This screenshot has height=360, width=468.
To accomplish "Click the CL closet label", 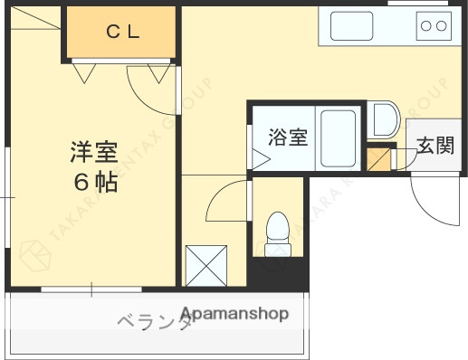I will tap(122, 33).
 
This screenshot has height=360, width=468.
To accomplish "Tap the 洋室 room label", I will tap(93, 150).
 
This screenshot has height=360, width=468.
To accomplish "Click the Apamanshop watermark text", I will tap(234, 314).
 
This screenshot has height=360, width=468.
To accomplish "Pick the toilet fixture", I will tap(277, 233).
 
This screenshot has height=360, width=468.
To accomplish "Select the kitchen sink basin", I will tap(351, 26).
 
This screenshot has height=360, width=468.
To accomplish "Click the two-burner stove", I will tap(434, 26).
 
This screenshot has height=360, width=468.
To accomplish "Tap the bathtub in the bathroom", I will tap(339, 137).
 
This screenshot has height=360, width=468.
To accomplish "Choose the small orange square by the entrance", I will tap(377, 161).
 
